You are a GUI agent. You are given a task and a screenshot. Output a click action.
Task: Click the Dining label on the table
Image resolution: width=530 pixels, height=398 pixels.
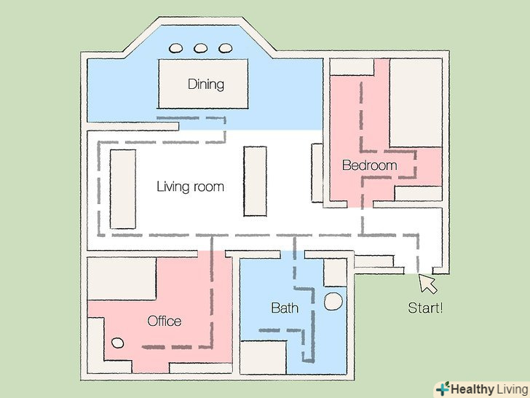pos(206,85)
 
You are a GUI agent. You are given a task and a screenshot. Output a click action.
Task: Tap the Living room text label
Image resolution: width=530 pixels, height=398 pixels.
pos(190,187)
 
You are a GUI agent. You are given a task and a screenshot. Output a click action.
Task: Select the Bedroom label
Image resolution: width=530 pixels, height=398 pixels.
pos(369,165)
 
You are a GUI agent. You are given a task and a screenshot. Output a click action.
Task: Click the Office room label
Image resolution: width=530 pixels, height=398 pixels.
pos(165,321)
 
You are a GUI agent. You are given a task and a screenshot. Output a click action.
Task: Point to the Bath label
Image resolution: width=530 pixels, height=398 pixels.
pos(285,308)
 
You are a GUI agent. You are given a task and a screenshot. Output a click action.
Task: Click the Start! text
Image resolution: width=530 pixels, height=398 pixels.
pos(425,308)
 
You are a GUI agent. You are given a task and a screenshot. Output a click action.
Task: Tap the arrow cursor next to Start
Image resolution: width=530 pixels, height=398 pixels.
pos(427,284)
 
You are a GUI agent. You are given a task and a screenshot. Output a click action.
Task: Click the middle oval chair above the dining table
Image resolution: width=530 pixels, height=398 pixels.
pos(200,48)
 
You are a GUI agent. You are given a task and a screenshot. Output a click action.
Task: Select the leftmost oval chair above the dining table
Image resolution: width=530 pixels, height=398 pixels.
pos(175,48)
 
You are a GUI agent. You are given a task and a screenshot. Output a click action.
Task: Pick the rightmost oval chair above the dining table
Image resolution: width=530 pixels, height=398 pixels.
pos(226,48)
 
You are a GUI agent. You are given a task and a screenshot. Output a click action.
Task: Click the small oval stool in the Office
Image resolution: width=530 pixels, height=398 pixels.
pos(118,343)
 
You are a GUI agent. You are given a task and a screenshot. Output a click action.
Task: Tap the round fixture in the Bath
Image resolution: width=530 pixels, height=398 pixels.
pos(333,301)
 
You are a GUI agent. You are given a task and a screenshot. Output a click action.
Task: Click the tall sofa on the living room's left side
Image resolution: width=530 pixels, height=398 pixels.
pos(123,190)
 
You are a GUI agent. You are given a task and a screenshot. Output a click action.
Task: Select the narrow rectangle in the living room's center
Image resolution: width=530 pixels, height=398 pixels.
pos(256,181)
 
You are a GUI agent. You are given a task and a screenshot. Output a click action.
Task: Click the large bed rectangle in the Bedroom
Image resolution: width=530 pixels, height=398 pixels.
pos(416,103)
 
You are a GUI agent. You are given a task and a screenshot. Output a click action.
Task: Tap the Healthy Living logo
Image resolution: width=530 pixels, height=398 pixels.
pos(483,389)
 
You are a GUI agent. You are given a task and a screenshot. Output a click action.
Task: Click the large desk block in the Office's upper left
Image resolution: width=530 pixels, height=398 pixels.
pos(122,278)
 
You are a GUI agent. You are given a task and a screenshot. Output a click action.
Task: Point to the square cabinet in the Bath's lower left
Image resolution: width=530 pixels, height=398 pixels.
pos(263,357)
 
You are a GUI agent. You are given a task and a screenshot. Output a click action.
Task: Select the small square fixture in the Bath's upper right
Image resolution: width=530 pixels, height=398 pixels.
pos(336,273)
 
